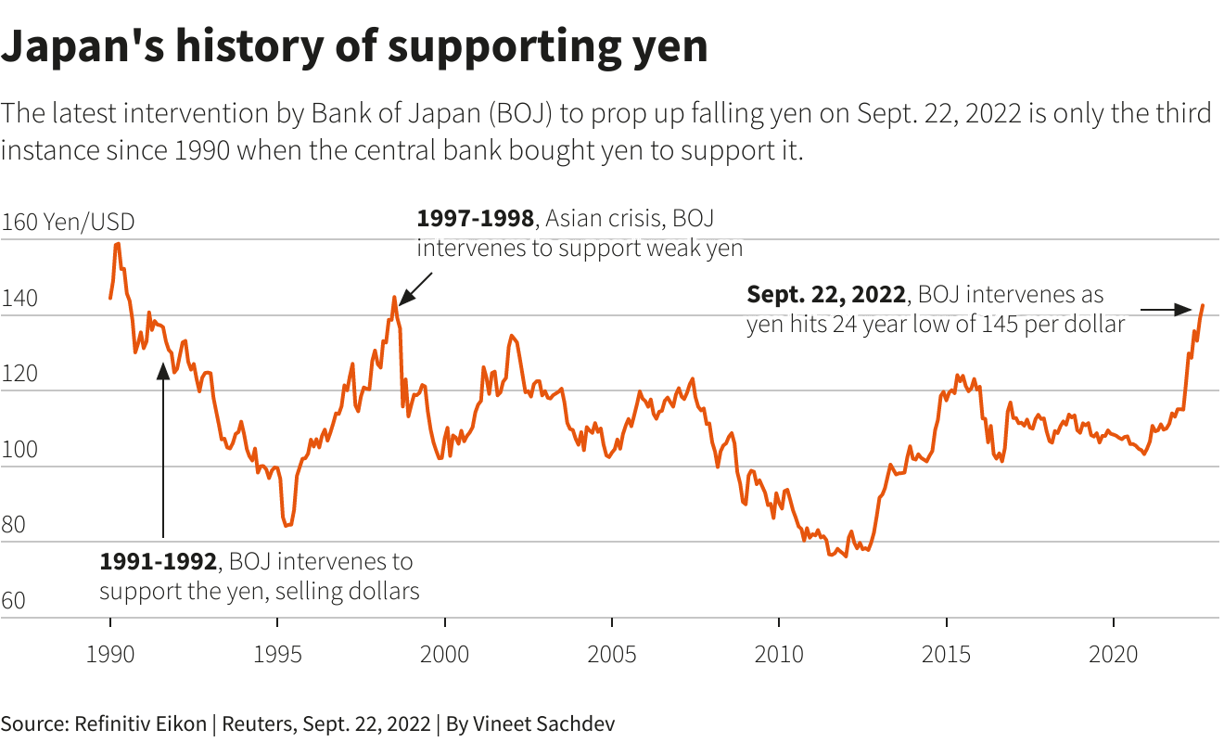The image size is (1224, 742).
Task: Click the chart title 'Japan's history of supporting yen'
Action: coord(354,46)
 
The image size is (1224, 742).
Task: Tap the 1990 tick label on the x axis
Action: coord(110,654)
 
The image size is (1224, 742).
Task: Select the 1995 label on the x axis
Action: coord(277,654)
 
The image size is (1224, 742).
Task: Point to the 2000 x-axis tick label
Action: coord(444,654)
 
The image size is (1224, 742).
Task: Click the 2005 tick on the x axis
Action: coord(611,654)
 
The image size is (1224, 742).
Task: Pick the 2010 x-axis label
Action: coord(779,654)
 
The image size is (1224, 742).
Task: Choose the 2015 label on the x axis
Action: coord(946,654)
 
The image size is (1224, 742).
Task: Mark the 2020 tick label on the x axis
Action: coord(1113,654)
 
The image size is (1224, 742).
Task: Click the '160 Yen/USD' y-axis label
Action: coord(68,223)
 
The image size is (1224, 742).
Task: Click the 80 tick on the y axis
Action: coord(14,526)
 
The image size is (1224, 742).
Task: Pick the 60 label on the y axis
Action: coord(14,602)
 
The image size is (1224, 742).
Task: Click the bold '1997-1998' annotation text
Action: coord(475,219)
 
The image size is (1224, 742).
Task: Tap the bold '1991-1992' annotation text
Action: coord(158,562)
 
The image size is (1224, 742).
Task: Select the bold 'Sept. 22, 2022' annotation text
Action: coord(825,295)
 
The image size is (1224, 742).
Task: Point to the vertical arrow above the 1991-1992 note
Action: coord(162,454)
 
